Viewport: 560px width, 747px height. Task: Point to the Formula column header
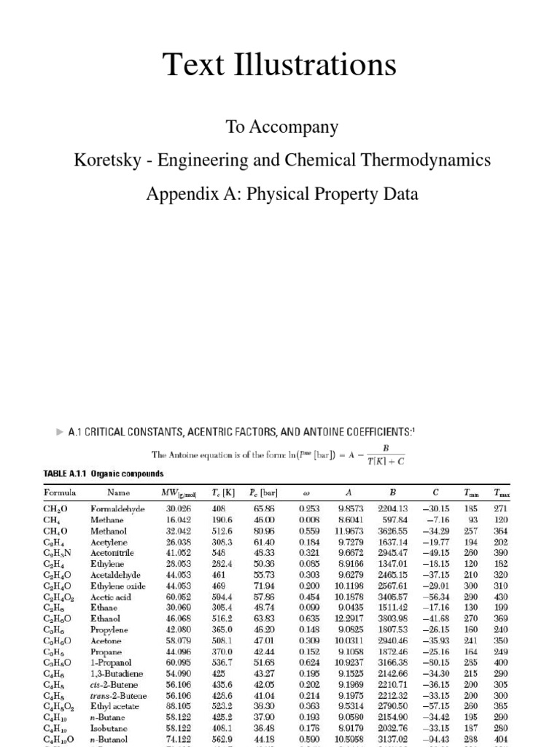tap(60, 492)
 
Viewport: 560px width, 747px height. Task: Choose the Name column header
tap(118, 492)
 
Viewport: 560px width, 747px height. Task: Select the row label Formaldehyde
tap(117, 508)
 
